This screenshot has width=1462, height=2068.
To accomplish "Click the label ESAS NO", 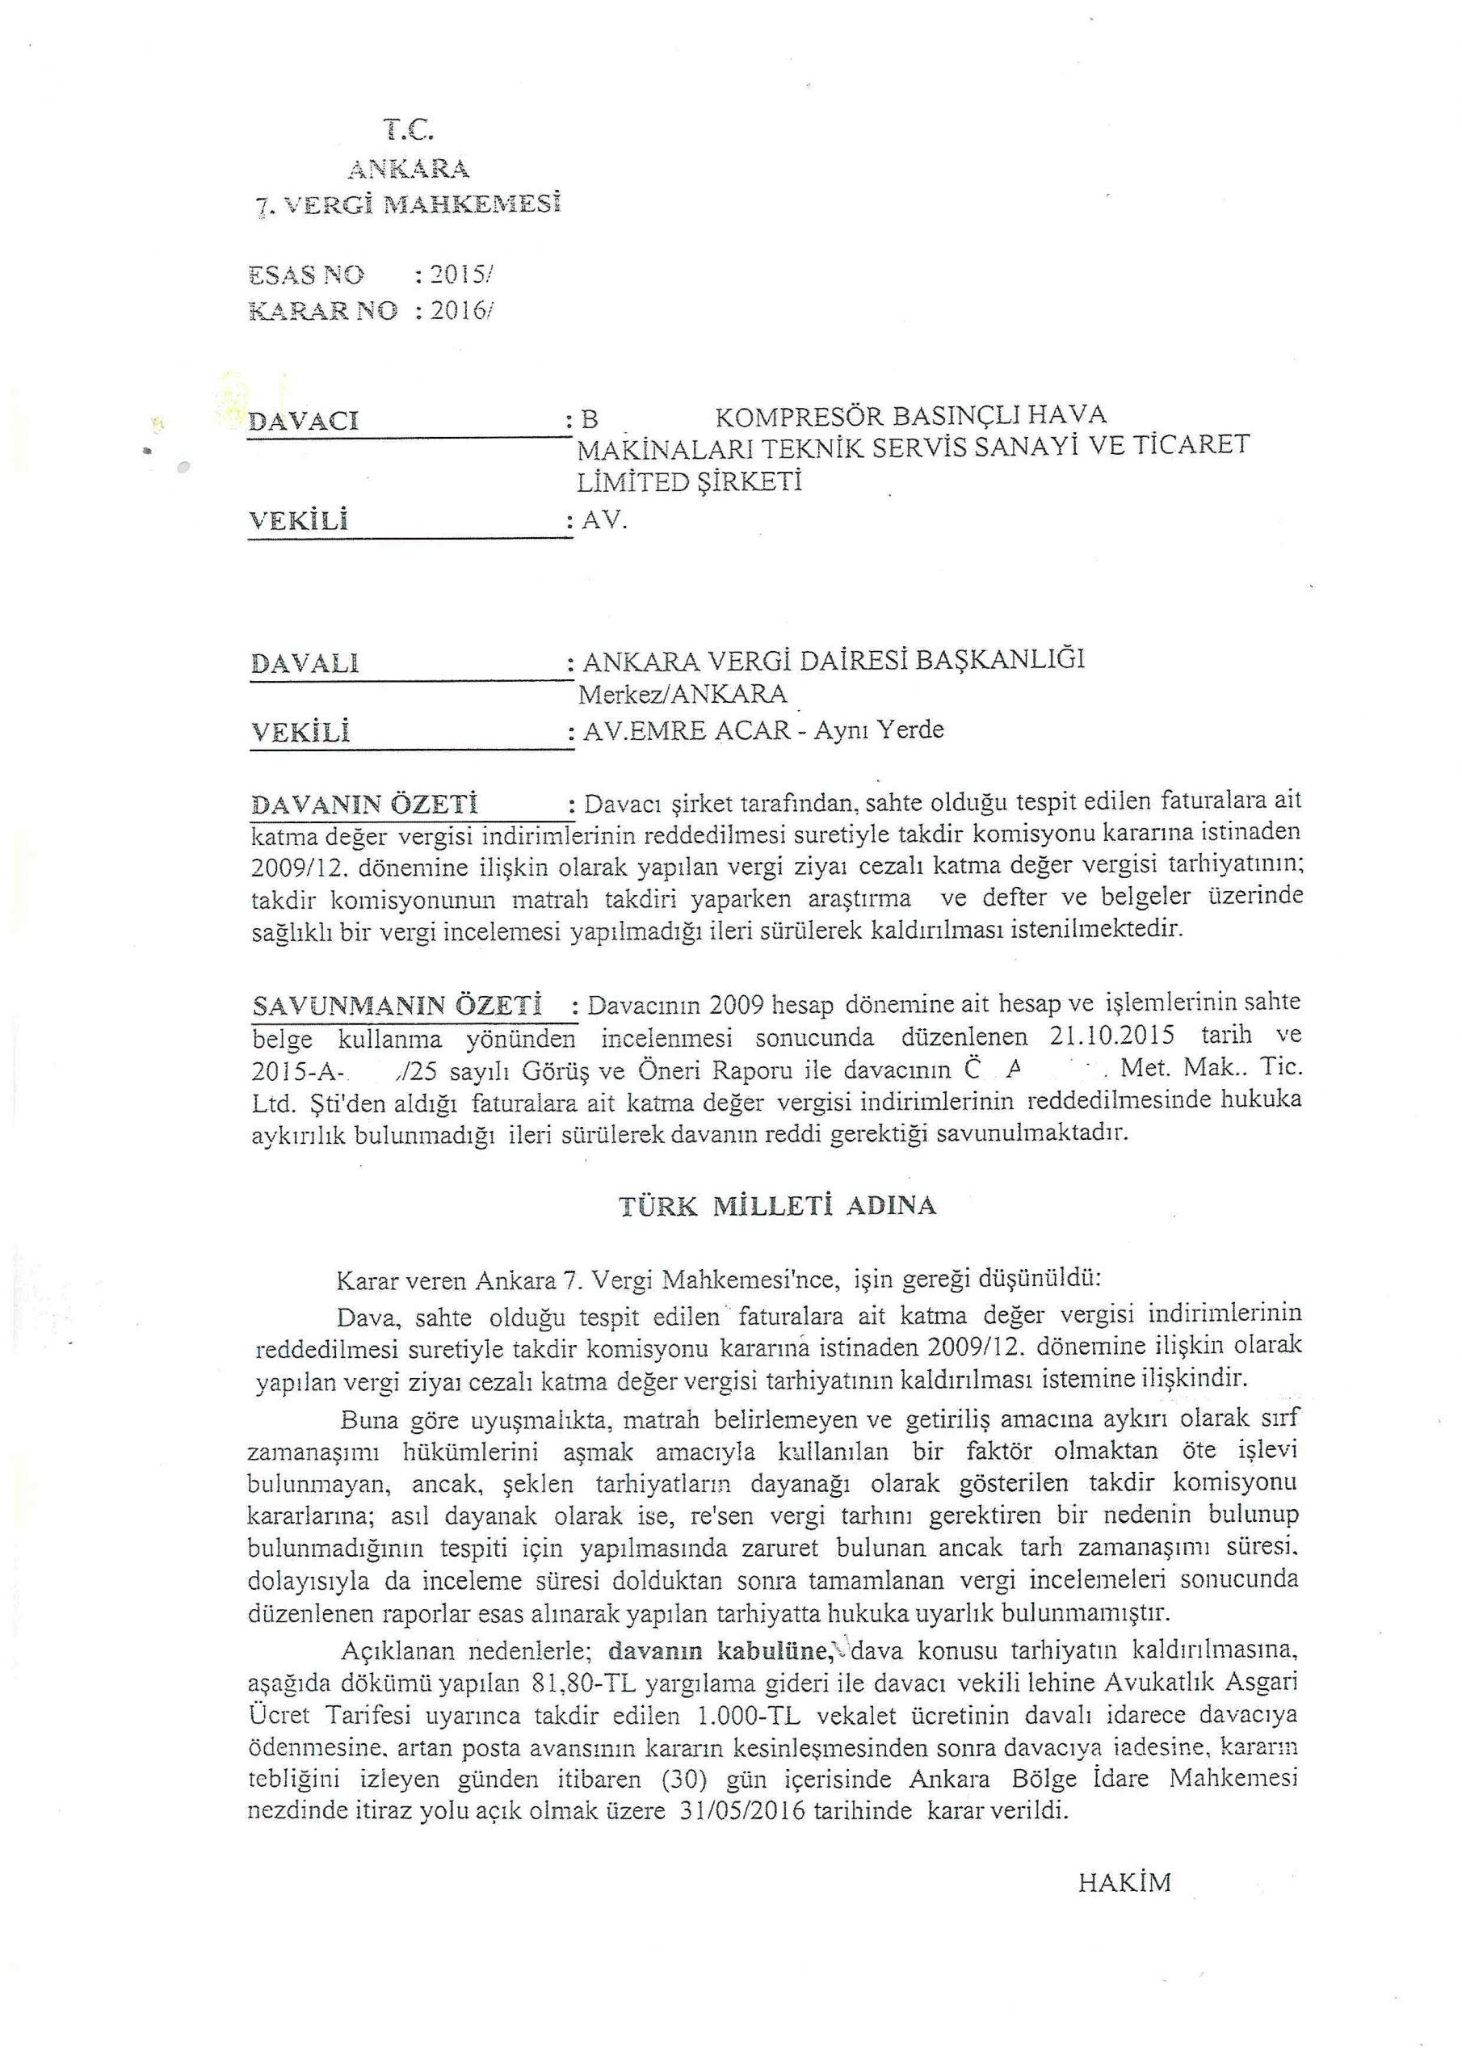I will tap(306, 274).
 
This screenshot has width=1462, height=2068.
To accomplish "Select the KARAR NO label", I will tap(322, 311).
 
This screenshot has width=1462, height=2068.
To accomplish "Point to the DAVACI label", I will tap(304, 421).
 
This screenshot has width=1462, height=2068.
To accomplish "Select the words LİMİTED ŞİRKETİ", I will tap(689, 482).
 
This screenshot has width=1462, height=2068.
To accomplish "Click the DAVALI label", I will tap(305, 664).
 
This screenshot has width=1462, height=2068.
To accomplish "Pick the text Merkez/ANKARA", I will tap(683, 695).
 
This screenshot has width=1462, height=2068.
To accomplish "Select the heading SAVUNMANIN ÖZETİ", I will tap(397, 1004).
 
